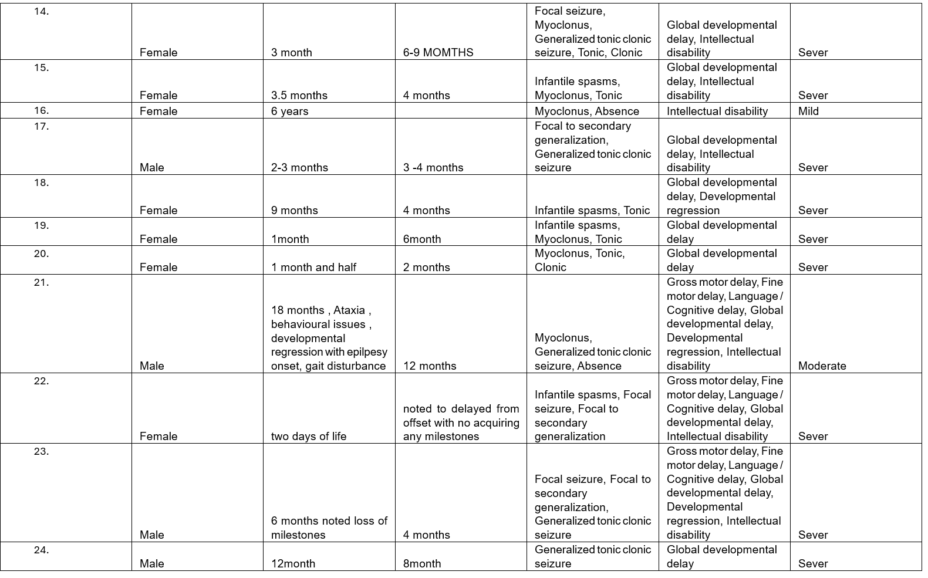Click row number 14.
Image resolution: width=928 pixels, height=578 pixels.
tap(41, 12)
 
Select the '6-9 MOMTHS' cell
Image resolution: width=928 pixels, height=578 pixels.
tap(438, 53)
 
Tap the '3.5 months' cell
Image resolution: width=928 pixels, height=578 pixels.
tap(299, 96)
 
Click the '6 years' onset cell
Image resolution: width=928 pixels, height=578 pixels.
tap(289, 111)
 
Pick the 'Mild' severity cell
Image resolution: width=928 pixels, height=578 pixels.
tap(808, 111)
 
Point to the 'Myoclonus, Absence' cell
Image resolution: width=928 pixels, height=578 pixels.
tap(586, 111)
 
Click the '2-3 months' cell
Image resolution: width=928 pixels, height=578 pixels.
tap(299, 168)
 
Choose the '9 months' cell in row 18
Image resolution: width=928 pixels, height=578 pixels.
tap(294, 211)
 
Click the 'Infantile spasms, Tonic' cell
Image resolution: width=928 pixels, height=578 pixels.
tap(592, 211)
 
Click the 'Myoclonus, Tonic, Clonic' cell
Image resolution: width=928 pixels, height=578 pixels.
tap(579, 261)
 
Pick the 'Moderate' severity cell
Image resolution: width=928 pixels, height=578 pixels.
tap(822, 366)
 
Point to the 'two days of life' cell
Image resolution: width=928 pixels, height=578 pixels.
tap(308, 437)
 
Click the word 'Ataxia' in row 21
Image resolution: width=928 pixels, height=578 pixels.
tap(349, 310)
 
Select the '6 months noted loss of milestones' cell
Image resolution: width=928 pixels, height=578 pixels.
tap(329, 528)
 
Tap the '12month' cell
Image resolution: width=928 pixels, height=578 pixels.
tap(293, 564)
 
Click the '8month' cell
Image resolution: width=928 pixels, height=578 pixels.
tap(421, 564)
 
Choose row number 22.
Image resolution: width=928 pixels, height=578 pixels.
tap(41, 381)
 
